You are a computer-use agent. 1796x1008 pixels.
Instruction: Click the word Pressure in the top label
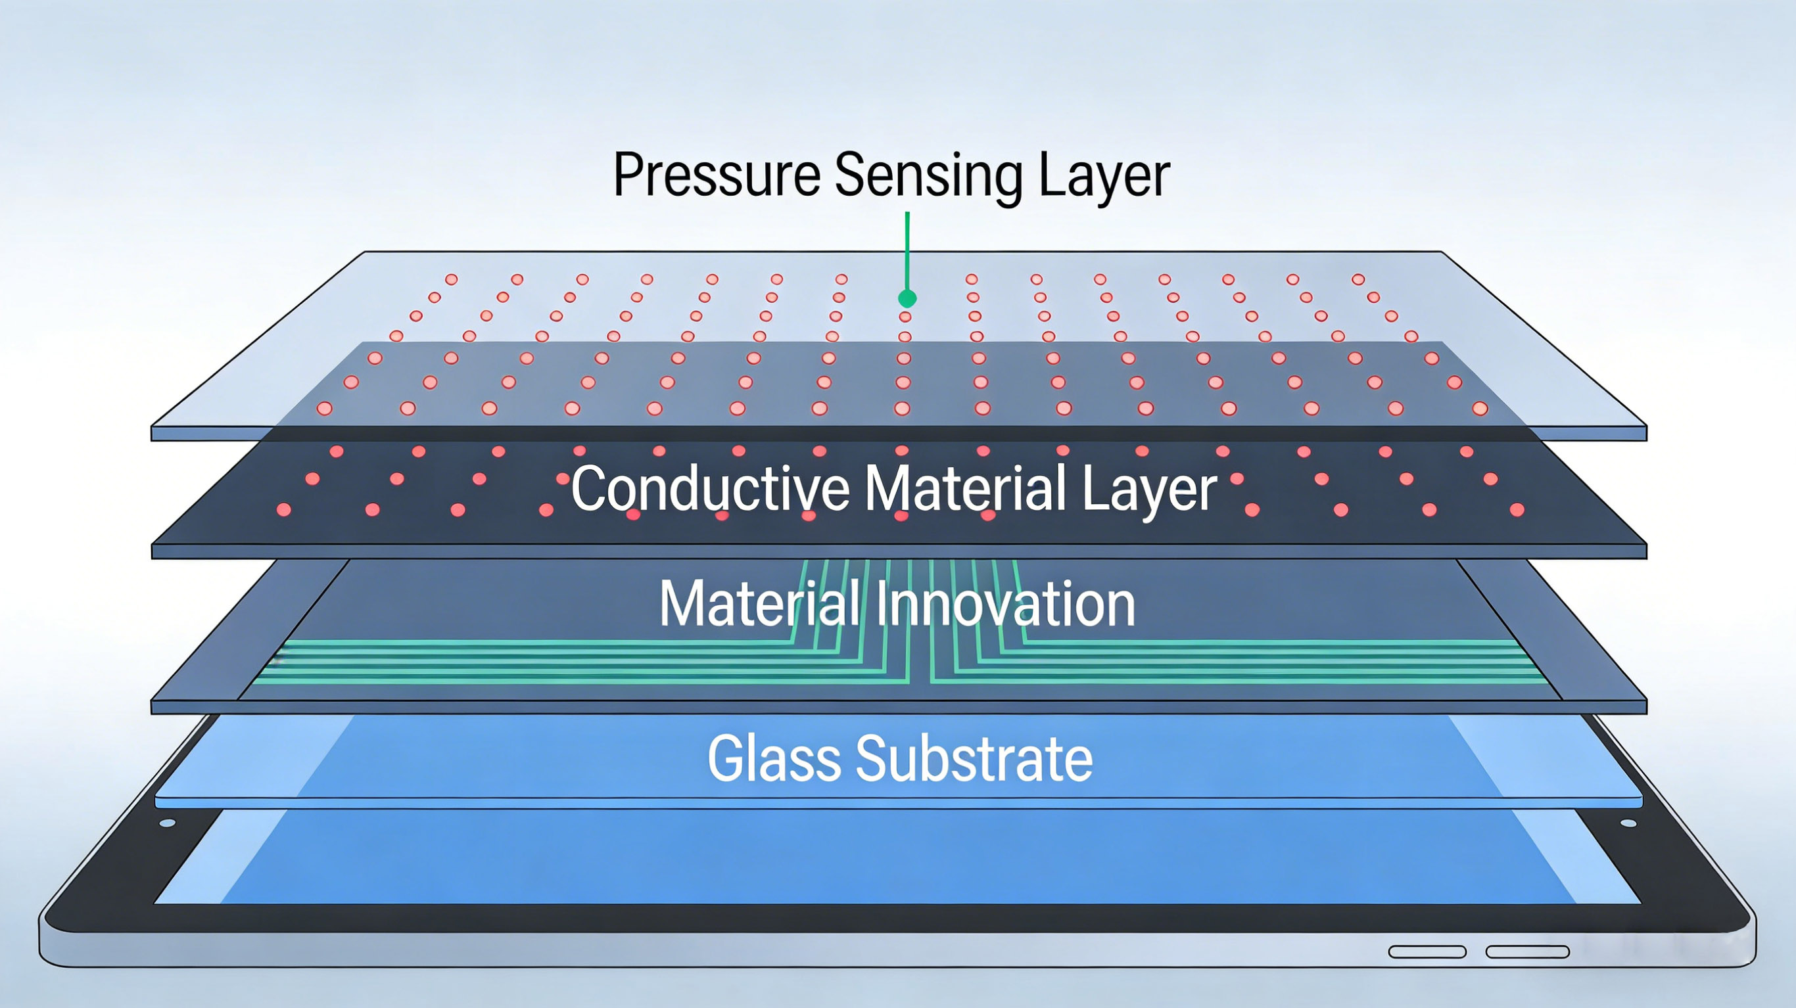click(717, 174)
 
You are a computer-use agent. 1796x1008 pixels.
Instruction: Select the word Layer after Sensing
click(1104, 179)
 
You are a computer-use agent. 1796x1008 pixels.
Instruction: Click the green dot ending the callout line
click(907, 298)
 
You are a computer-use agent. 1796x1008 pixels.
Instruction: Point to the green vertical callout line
click(907, 251)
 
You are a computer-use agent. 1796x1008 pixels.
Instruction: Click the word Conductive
click(710, 488)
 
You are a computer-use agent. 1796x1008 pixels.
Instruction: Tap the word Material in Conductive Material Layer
click(966, 488)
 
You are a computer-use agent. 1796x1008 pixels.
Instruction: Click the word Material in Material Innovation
click(759, 603)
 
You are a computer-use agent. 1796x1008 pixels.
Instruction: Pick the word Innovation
click(1005, 603)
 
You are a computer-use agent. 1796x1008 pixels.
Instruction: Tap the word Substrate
click(974, 758)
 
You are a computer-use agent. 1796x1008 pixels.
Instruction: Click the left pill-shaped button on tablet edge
click(1427, 952)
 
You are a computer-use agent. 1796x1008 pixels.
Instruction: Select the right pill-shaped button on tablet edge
click(1528, 952)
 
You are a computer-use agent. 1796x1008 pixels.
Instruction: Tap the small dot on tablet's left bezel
click(168, 823)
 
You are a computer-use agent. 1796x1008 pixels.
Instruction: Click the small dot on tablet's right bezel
click(1628, 823)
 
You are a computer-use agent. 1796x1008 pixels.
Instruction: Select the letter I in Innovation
click(880, 603)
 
